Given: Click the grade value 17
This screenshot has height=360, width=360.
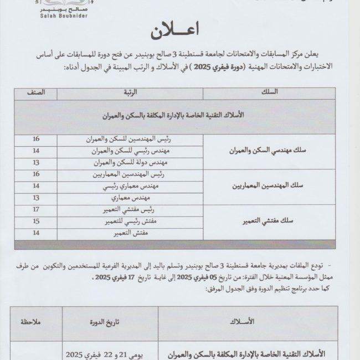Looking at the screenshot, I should [x=36, y=210].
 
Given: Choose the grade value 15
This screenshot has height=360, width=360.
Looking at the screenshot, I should [x=36, y=222].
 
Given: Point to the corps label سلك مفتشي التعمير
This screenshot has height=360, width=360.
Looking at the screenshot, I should [x=270, y=222].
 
